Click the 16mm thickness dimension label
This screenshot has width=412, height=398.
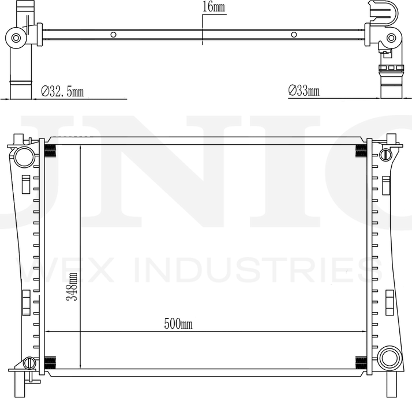click(x=214, y=7)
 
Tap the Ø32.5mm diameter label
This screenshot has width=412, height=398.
click(x=62, y=91)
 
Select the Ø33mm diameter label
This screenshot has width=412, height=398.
click(x=304, y=91)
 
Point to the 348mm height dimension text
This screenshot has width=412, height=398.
click(x=72, y=286)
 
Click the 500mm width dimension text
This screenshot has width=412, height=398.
click(x=178, y=324)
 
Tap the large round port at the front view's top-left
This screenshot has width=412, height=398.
click(x=24, y=157)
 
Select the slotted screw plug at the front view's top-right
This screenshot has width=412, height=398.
click(x=385, y=155)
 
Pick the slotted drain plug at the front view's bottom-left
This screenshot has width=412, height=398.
click(x=29, y=363)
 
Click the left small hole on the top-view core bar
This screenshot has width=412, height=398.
click(x=113, y=35)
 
